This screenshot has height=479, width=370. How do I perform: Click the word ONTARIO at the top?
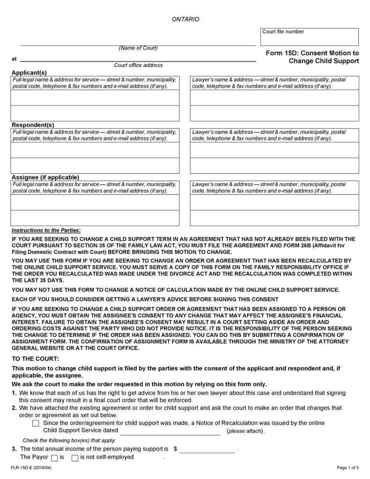tap(185, 19)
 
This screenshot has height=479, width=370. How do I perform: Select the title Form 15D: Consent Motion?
tap(312, 53)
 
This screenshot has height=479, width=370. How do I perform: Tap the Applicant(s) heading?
tap(29, 73)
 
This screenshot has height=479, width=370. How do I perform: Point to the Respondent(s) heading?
tap(33, 125)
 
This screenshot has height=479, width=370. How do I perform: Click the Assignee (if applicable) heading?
tap(45, 177)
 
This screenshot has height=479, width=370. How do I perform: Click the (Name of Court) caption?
tap(138, 48)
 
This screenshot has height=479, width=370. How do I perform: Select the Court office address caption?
tap(138, 65)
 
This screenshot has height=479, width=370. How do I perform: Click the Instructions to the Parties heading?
tap(46, 230)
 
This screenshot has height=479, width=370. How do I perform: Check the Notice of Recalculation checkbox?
tap(36, 423)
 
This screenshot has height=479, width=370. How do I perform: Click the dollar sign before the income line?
tap(175, 449)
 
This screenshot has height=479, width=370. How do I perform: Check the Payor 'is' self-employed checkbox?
tap(54, 458)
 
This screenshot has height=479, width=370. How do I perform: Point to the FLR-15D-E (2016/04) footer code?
tap(29, 468)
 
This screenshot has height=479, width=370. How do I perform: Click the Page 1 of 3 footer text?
tap(348, 468)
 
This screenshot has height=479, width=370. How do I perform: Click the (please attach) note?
tap(245, 431)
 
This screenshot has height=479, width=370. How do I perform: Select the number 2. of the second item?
tap(14, 408)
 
